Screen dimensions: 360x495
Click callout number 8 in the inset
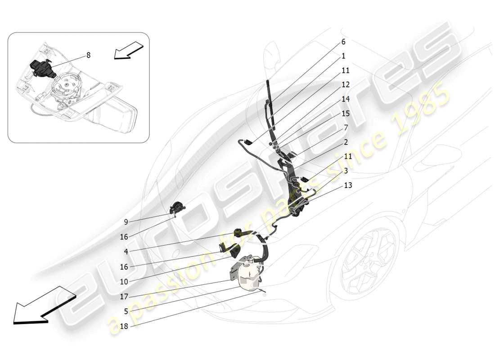tap(88, 55)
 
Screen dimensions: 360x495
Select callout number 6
tap(343, 42)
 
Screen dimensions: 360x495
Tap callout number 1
tap(343, 56)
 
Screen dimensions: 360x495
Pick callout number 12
tap(346, 85)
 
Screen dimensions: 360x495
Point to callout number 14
tap(346, 99)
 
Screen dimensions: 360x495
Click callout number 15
tap(346, 113)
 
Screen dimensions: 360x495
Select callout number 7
tap(346, 127)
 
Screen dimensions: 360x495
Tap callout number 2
tap(346, 142)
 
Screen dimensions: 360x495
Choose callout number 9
tap(126, 221)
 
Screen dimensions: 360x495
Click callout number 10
tap(124, 281)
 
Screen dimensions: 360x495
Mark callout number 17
tap(124, 297)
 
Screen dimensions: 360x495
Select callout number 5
tap(126, 311)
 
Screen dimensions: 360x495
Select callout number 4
tap(126, 252)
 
